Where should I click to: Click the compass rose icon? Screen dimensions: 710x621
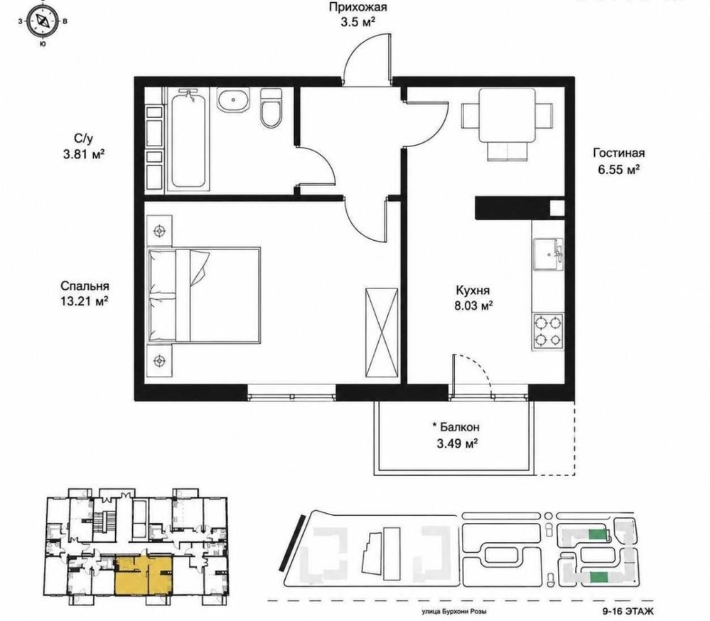click(x=42, y=21)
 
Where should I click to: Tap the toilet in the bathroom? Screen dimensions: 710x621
click(x=271, y=108)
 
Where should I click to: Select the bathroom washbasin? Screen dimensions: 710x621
click(x=233, y=99)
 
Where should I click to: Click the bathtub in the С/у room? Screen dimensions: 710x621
click(x=188, y=139)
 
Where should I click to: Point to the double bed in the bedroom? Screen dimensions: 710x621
click(x=204, y=295)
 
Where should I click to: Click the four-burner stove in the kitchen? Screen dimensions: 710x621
click(x=548, y=331)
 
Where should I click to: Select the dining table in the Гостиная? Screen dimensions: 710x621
click(x=507, y=124)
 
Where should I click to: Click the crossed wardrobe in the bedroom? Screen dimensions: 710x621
click(x=382, y=333)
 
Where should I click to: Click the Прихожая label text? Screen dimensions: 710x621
click(x=357, y=7)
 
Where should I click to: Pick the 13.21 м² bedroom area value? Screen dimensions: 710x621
click(x=85, y=301)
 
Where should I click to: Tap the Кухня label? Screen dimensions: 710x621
click(x=473, y=290)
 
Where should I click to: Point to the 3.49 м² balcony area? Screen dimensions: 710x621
click(x=457, y=443)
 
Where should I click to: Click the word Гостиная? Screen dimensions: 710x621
click(x=618, y=153)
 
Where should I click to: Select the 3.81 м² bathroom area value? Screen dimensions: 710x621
click(x=85, y=155)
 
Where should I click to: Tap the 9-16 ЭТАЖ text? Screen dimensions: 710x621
click(x=628, y=612)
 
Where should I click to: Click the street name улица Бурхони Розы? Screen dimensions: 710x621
click(x=454, y=612)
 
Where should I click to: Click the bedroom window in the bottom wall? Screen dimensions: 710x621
click(x=291, y=392)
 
